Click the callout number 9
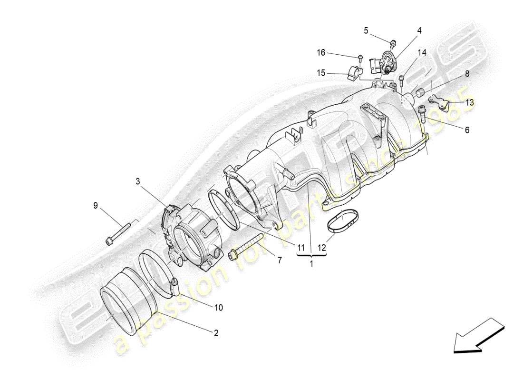[x=96, y=206]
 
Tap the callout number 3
[x=137, y=181]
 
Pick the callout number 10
[x=218, y=308]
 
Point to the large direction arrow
[x=478, y=336]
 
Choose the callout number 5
[x=366, y=30]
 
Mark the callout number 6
[x=467, y=129]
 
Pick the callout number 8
[x=467, y=74]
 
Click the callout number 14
[x=422, y=52]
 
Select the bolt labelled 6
[x=422, y=112]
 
